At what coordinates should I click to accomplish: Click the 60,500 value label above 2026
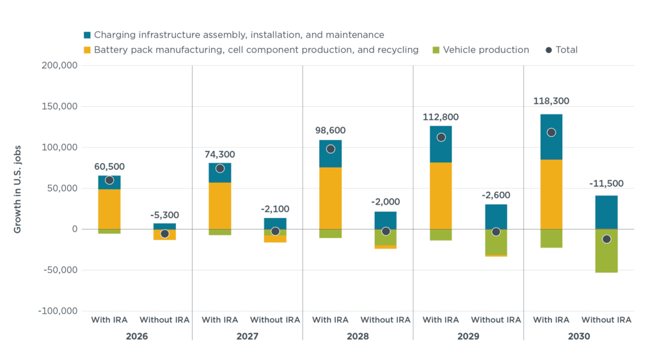(x=109, y=167)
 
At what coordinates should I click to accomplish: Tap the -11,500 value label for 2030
(x=606, y=184)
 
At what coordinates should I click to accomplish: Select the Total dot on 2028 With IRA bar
(x=331, y=149)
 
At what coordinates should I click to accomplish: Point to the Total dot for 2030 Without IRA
(x=606, y=239)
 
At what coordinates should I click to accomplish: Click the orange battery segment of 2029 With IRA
(x=441, y=196)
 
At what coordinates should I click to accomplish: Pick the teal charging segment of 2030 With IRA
(x=551, y=137)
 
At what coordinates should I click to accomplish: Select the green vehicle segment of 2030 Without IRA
(x=606, y=251)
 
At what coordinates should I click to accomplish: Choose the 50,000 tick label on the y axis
(x=63, y=188)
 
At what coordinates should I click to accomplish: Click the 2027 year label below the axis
(x=248, y=336)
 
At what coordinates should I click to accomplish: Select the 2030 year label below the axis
(x=579, y=336)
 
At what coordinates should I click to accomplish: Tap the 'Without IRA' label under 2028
(x=386, y=320)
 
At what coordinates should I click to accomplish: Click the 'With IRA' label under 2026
(x=109, y=320)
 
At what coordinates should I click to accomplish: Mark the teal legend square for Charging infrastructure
(x=87, y=35)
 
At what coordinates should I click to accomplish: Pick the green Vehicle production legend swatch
(x=436, y=50)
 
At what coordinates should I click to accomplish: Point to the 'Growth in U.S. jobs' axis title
(x=17, y=188)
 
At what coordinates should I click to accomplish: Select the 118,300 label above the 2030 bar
(x=551, y=101)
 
